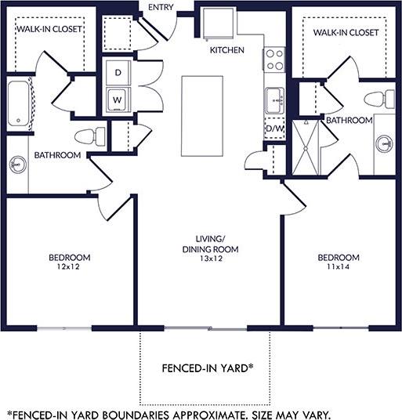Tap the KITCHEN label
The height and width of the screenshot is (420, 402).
coord(226,50)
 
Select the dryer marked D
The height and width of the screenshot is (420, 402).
coord(118,72)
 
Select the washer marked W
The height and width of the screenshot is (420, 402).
coord(118,100)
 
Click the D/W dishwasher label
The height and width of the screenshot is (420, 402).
coord(274,128)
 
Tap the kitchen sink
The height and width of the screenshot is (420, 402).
coord(274,100)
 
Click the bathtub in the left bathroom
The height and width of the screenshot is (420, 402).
coord(19,102)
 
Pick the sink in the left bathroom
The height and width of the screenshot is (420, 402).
coord(16,165)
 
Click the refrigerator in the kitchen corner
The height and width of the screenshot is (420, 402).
coord(215,24)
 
